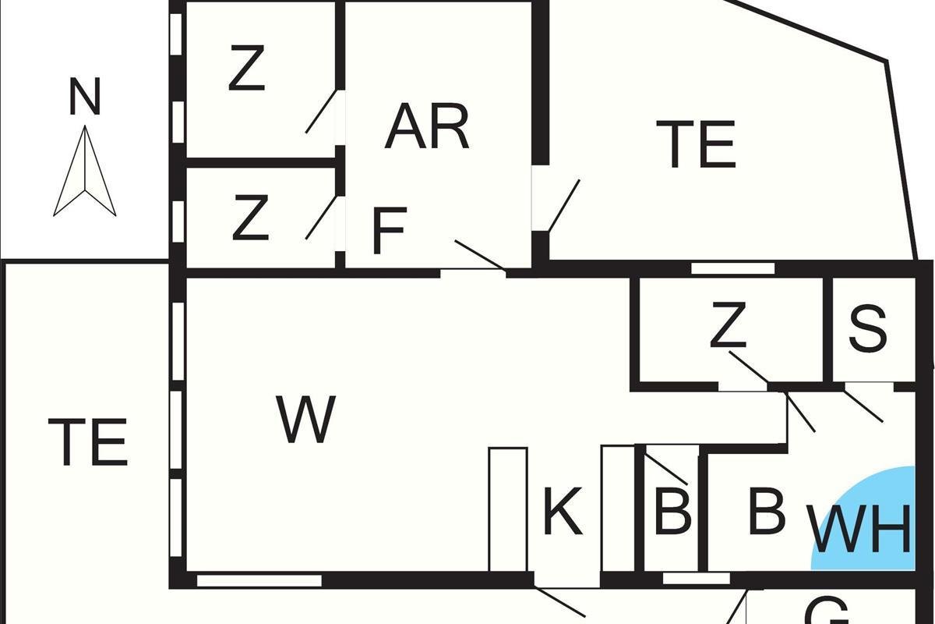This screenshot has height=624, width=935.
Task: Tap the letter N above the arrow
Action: pos(85,97)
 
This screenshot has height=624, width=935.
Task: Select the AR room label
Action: pos(427,127)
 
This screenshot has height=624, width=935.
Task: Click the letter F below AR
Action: pos(389,230)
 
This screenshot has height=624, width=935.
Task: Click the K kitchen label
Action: pos(562,512)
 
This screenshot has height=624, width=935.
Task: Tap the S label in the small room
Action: pos(867,328)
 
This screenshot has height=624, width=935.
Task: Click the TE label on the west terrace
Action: pos(87,442)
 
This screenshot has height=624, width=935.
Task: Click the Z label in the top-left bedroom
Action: pos(247,69)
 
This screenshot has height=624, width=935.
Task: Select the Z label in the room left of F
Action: pos(250,219)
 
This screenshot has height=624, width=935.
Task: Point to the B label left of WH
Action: pos(765,512)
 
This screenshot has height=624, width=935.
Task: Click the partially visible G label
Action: pos(826,612)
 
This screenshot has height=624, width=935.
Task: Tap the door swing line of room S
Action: pos(863,404)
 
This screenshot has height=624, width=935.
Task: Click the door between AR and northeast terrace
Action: pos(563,205)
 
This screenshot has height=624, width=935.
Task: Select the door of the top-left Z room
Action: pos(320,112)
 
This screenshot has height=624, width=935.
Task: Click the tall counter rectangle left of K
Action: pos(508,509)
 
